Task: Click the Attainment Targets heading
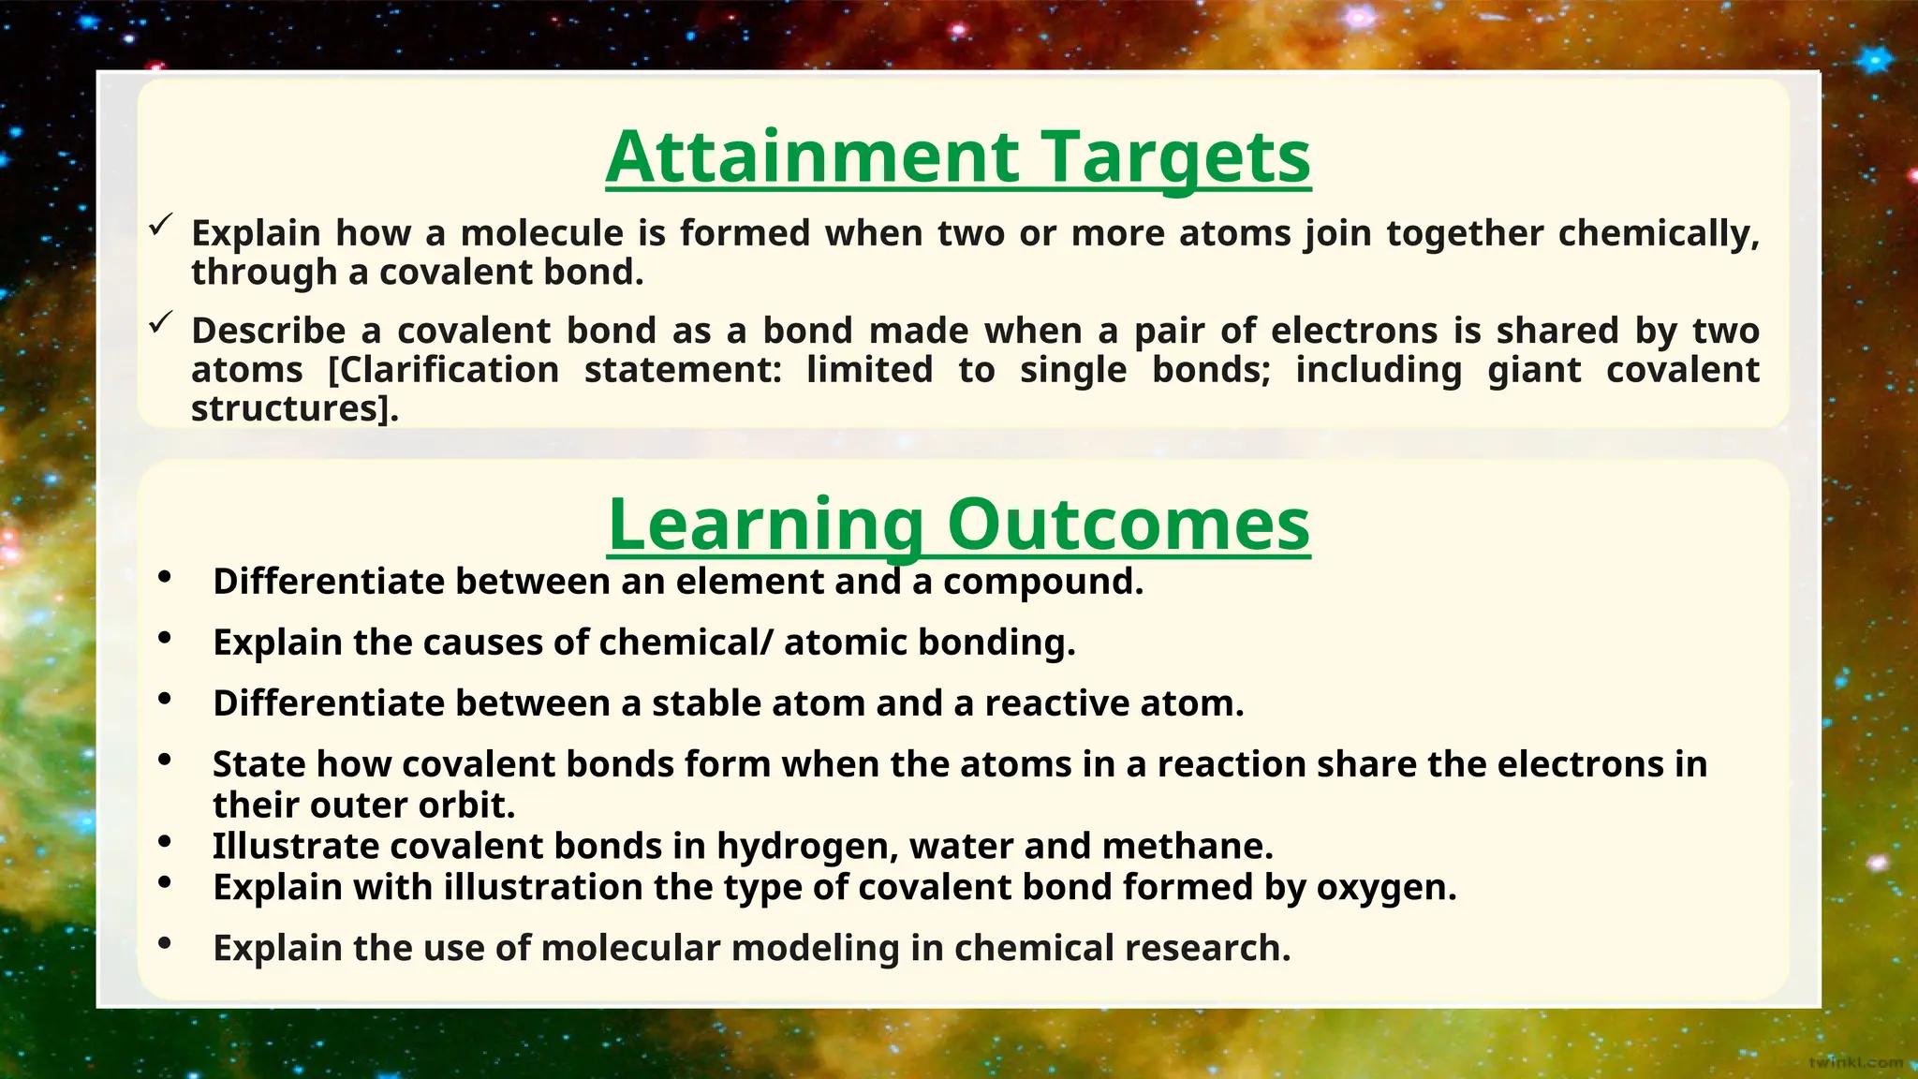958,157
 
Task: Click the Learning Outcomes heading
958,525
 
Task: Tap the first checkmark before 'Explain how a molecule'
161,224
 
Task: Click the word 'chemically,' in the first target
1659,234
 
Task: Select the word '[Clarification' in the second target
443,370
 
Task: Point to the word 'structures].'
295,409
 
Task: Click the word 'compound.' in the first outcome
1043,582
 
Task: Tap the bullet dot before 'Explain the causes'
165,639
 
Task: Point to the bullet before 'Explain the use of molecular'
165,944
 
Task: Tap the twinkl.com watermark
1855,1062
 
